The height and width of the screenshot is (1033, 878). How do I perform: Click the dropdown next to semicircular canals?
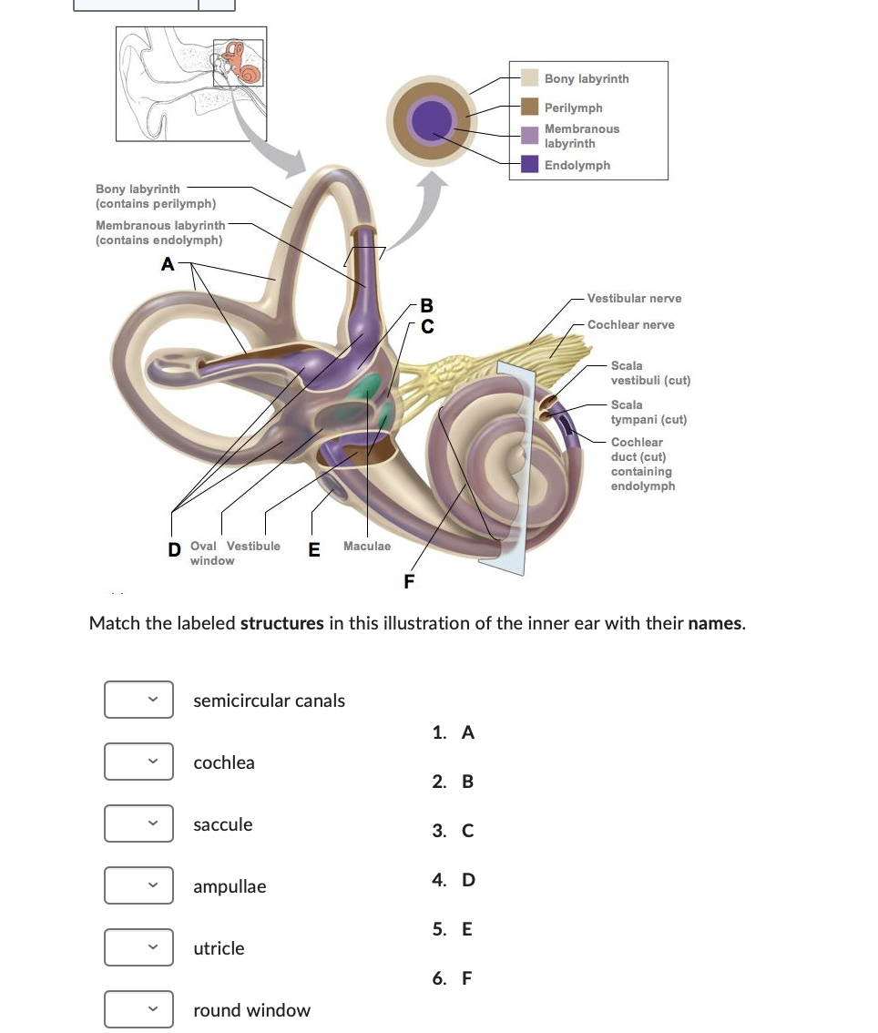pos(138,701)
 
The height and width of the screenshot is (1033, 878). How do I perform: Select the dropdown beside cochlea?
pos(138,762)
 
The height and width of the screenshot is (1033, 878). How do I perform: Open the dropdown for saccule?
pos(138,824)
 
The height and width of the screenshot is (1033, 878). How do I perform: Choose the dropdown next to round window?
pos(138,1010)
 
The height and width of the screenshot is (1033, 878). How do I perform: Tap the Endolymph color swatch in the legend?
pos(530,165)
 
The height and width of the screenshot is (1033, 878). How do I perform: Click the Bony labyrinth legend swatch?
pos(530,78)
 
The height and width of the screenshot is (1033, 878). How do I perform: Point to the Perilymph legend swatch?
pos(530,107)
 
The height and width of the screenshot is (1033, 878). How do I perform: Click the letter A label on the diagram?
pos(167,265)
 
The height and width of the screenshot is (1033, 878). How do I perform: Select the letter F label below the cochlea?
pos(409,581)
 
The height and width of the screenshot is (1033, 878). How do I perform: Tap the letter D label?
pos(174,549)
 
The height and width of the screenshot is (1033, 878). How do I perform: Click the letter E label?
pos(314,549)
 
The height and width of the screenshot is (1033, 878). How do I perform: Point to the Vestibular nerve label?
pos(634,299)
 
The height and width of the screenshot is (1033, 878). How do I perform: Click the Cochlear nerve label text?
pos(630,325)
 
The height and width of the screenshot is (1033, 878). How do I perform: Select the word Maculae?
pos(367,547)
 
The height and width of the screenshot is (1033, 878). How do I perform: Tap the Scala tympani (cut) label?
pos(648,412)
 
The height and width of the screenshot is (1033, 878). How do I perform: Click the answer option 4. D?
pos(454,880)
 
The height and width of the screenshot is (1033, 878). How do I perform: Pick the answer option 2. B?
pos(454,782)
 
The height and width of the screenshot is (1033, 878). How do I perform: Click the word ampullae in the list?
pos(230,886)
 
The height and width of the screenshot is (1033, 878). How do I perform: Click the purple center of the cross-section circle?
pos(430,118)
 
